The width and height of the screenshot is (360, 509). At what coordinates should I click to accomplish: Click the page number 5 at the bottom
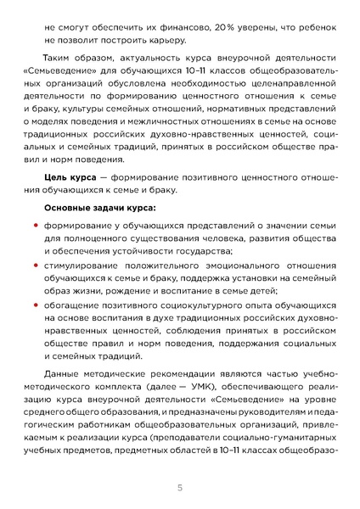click(180, 488)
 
